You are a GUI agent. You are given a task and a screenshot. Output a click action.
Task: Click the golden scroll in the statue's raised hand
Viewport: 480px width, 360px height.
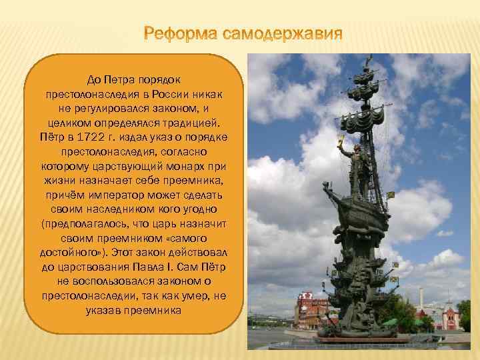pos(342,140)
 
